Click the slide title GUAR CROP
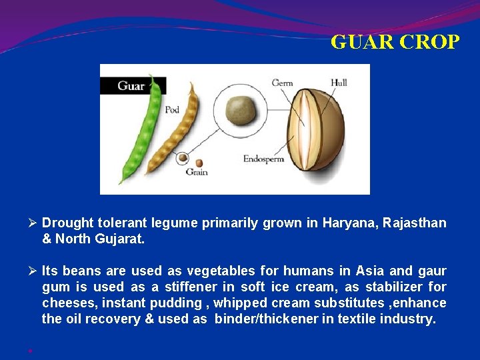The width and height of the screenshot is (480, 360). click(395, 42)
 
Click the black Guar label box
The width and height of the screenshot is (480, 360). click(132, 85)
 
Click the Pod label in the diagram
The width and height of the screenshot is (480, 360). click(172, 109)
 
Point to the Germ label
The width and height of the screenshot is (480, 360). click(282, 83)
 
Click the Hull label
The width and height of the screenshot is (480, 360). click(339, 83)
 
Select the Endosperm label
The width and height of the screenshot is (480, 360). click(263, 159)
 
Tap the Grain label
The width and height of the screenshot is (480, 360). click(197, 172)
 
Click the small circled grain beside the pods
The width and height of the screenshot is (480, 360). click(181, 159)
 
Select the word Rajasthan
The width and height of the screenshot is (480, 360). click(413, 223)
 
